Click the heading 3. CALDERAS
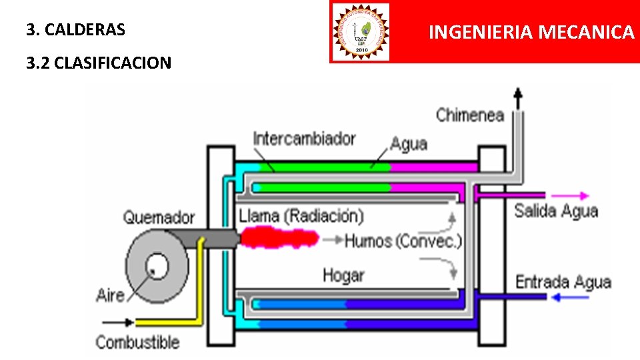(x=76, y=30)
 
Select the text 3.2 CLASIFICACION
(x=99, y=63)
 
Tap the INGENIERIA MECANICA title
(x=531, y=32)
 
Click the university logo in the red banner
(x=360, y=31)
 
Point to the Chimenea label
(x=469, y=115)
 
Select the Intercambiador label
(x=304, y=139)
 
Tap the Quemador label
(x=159, y=217)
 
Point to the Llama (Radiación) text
(x=301, y=216)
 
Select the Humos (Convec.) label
(x=403, y=241)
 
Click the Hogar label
(x=343, y=275)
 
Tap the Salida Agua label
(x=556, y=211)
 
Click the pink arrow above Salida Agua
(x=572, y=196)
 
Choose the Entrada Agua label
(x=563, y=281)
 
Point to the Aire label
(x=110, y=295)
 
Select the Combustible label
(x=137, y=343)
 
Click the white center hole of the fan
(x=159, y=265)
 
